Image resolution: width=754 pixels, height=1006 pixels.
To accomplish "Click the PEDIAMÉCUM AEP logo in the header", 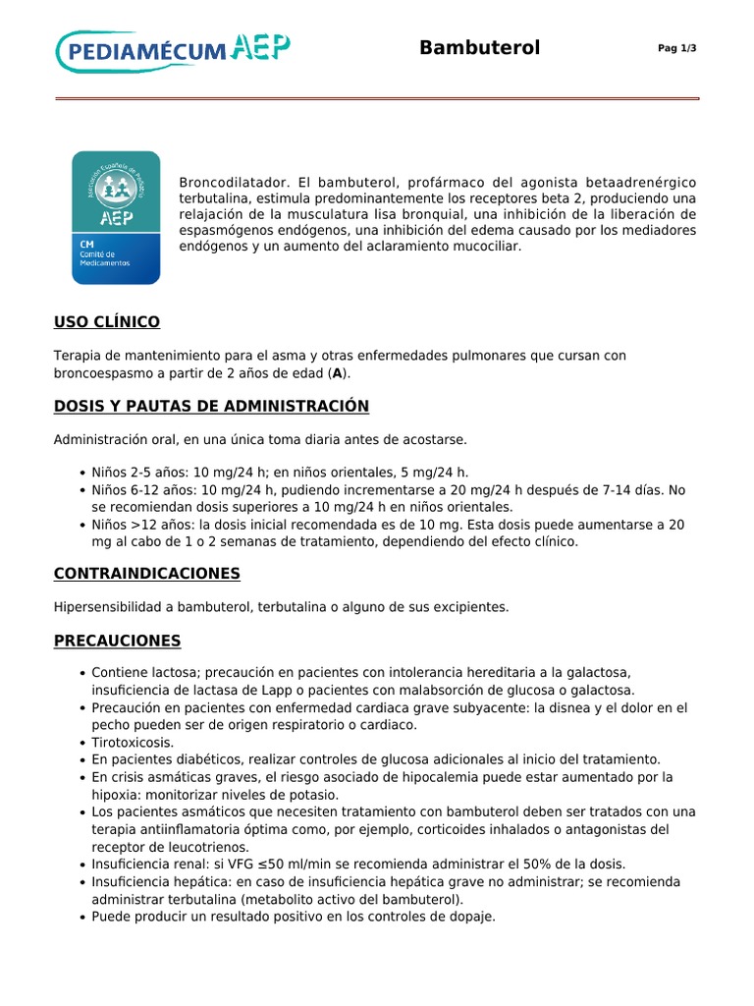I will [x=173, y=50].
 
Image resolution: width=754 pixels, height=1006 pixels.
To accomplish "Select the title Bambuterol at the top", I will [x=479, y=48].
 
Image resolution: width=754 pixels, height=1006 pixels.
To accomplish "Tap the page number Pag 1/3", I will [x=676, y=49].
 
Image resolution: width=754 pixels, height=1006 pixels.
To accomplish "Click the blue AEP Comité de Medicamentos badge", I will [x=116, y=217].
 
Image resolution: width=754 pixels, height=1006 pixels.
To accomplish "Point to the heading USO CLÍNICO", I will [x=106, y=322].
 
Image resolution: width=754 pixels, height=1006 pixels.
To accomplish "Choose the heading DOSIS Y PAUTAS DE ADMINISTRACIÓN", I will [x=211, y=406].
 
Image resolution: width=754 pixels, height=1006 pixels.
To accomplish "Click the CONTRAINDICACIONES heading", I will [x=146, y=573].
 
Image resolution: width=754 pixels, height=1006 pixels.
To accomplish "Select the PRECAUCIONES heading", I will [x=117, y=641].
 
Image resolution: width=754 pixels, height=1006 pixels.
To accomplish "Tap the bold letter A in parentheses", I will [x=338, y=373].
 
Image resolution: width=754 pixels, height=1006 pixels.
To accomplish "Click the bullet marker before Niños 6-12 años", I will [x=80, y=490].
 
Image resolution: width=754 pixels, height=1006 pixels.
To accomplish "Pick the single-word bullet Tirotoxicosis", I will [x=133, y=742].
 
